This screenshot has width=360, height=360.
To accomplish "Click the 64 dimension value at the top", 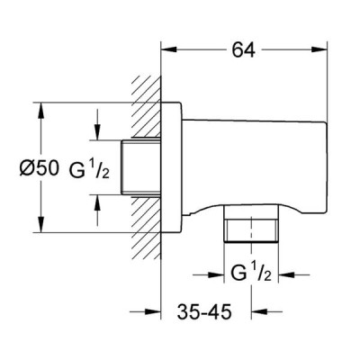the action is tap(244, 49).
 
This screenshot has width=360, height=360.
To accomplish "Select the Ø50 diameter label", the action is tap(39, 168).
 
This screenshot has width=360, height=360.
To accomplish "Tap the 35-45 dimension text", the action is tap(204, 311).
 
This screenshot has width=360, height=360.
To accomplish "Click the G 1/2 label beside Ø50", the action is tap(89, 170).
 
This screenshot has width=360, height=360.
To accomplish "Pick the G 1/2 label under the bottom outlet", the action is tap(251, 273).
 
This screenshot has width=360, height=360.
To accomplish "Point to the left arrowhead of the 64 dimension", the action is tap(169, 49).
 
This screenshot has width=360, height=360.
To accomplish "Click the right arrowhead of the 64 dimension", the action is tap(319, 49).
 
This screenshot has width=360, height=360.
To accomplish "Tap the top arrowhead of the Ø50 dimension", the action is tap(40, 111).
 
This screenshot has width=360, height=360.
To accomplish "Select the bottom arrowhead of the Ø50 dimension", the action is tap(40, 224).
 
